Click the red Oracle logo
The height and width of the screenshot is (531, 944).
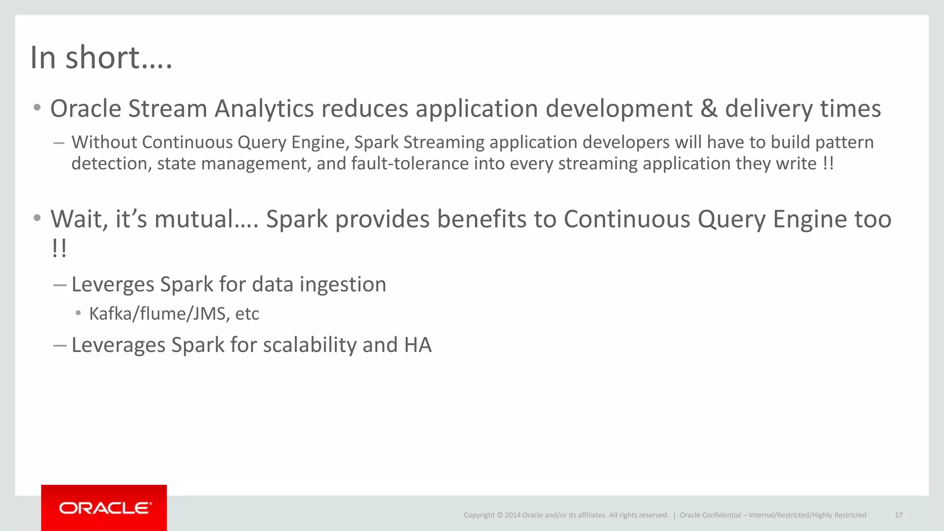tap(104, 508)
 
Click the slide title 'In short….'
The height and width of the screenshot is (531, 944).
tap(101, 58)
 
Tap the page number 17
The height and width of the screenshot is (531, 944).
tap(898, 515)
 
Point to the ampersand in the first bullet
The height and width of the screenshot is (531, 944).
tap(708, 109)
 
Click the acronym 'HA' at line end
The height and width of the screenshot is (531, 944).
tap(418, 345)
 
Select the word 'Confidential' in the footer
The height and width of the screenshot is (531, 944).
tap(722, 515)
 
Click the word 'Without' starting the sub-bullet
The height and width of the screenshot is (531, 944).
tap(104, 142)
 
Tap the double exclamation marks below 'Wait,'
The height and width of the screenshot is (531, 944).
tap(59, 249)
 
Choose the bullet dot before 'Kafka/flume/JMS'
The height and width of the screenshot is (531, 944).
tap(78, 313)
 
